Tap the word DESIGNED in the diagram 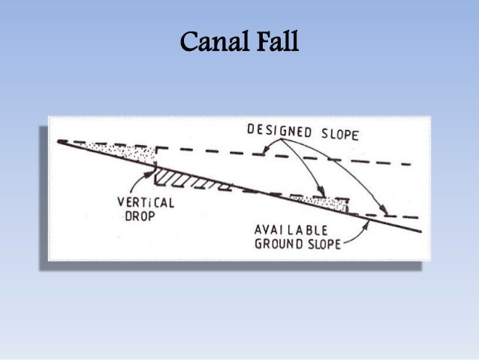coord(279,131)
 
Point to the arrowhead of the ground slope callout coord(368,223)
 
